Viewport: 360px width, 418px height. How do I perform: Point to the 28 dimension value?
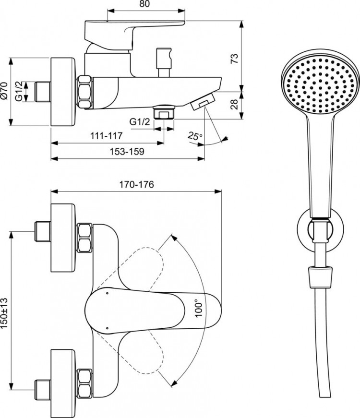click(234, 104)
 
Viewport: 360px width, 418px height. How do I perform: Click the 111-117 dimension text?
click(106, 136)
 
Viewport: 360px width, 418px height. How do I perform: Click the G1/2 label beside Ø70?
click(18, 91)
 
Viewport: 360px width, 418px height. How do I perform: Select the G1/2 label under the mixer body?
click(140, 123)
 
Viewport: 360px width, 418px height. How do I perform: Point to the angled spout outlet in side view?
click(202, 102)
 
